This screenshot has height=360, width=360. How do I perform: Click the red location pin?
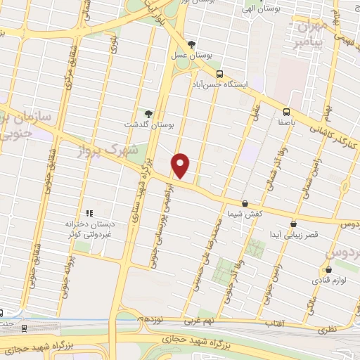[181, 165]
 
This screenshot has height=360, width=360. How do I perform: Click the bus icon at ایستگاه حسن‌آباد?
[219, 74]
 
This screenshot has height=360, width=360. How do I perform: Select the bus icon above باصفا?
[286, 111]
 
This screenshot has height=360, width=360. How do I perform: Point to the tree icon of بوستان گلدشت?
[148, 114]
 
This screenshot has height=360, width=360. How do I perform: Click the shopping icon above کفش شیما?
[245, 203]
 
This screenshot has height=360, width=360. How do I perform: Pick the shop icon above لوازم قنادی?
[328, 269]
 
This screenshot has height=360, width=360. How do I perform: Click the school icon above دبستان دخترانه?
[89, 213]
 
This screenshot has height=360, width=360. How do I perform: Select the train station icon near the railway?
[25, 327]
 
